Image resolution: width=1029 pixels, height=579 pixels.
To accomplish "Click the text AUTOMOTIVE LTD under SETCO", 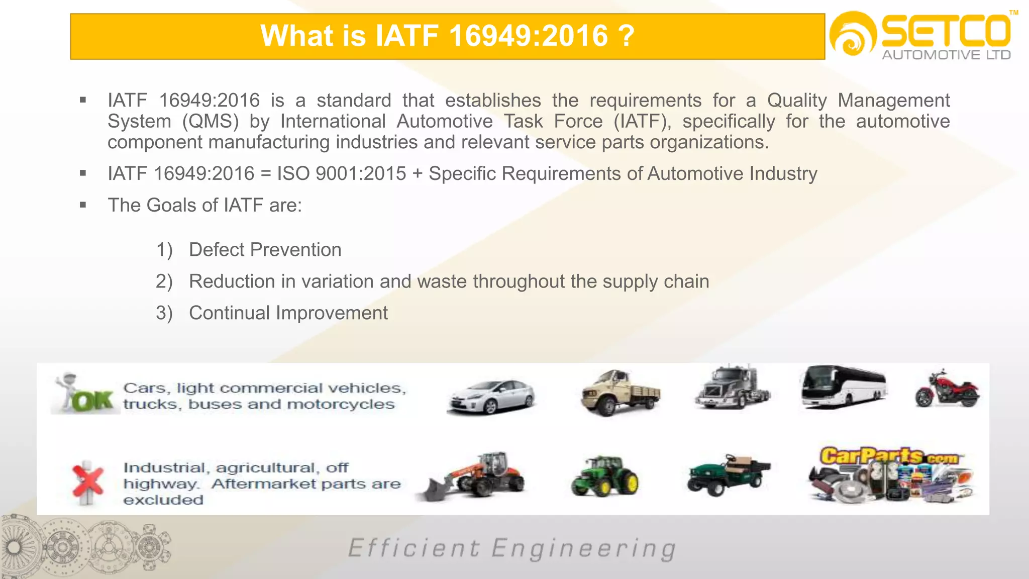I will (946, 55).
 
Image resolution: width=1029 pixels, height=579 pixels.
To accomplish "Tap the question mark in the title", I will (626, 36).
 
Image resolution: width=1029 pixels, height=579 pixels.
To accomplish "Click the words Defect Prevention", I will (265, 250).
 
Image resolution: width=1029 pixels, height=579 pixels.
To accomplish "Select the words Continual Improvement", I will (288, 313).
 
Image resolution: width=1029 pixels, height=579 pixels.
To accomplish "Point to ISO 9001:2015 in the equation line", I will (342, 174).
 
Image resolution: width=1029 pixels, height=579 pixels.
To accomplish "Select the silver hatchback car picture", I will (491, 397).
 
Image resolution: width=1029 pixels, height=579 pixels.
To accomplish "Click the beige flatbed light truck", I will (620, 393).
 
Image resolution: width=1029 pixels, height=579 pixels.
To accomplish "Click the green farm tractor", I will (605, 476).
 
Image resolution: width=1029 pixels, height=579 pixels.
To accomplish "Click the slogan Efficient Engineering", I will (512, 549).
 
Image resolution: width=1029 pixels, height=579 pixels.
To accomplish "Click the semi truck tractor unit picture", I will (732, 388).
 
